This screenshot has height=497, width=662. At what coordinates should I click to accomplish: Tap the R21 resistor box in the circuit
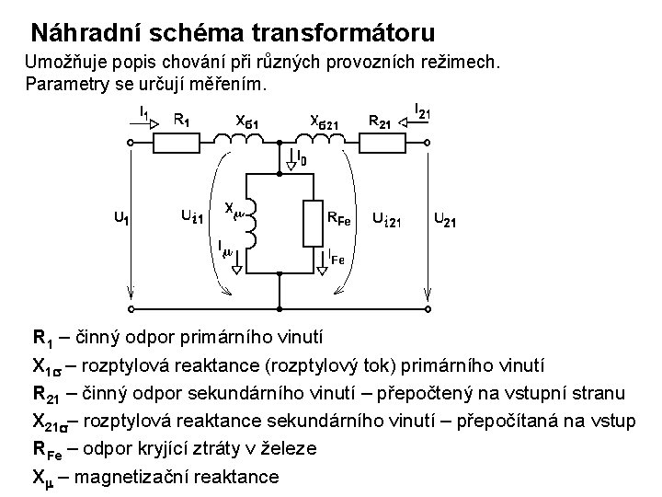click(377, 142)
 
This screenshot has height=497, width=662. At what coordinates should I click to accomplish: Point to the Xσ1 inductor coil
click(239, 139)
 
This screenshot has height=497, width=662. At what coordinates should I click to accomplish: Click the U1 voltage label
click(120, 219)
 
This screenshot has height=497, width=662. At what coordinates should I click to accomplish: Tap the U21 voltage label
click(446, 221)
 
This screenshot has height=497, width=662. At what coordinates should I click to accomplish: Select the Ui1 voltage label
click(191, 216)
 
